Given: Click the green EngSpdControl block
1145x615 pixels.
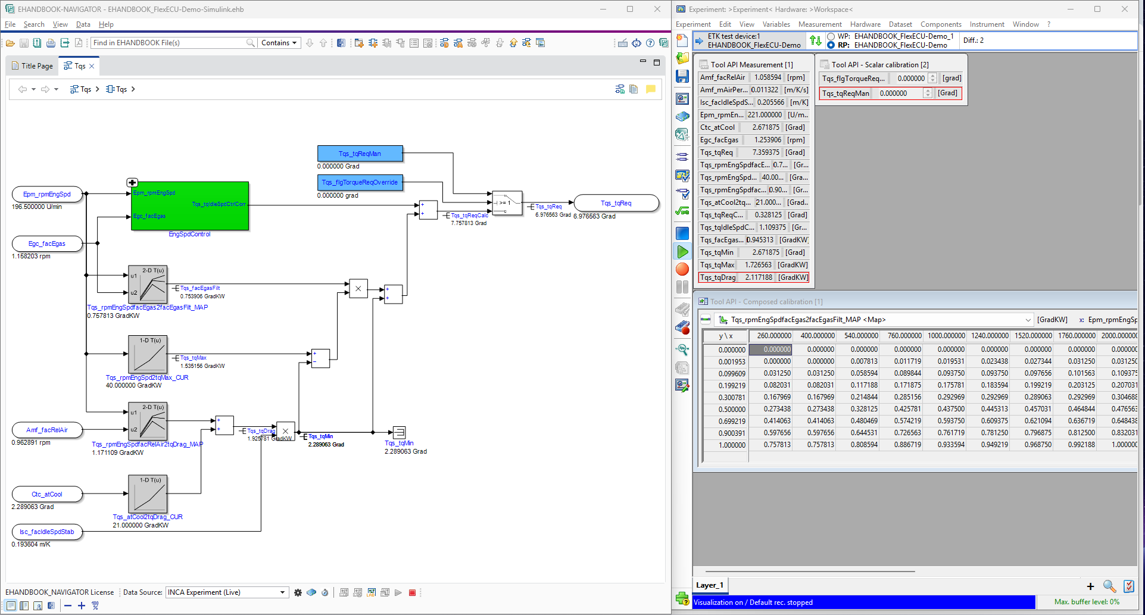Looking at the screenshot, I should click(189, 205).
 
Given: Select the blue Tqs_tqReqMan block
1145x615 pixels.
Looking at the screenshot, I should click(360, 154).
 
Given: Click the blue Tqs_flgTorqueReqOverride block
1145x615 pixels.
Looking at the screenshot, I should click(360, 182).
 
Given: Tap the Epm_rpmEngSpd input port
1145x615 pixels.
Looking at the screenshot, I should click(47, 194).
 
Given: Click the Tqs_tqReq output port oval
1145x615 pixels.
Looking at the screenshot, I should click(616, 203).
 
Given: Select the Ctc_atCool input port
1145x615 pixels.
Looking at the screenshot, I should click(47, 494).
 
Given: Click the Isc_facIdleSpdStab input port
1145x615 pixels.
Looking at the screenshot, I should click(47, 532).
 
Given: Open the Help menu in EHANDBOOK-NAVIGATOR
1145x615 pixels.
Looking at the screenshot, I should click(106, 24).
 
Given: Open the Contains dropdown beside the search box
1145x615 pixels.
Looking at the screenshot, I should click(279, 43).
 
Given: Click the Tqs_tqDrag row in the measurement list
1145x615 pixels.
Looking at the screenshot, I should click(753, 277).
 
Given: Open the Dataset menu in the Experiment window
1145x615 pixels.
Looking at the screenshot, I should click(900, 24).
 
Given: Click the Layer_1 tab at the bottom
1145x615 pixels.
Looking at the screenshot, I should click(709, 585).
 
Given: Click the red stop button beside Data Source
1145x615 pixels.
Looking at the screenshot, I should click(412, 592).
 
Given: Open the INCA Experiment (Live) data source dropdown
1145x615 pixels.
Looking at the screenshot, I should click(282, 592).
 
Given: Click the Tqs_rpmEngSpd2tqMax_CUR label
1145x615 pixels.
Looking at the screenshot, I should click(147, 377).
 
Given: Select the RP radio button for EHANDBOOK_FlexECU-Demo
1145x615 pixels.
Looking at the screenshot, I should click(831, 45).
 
